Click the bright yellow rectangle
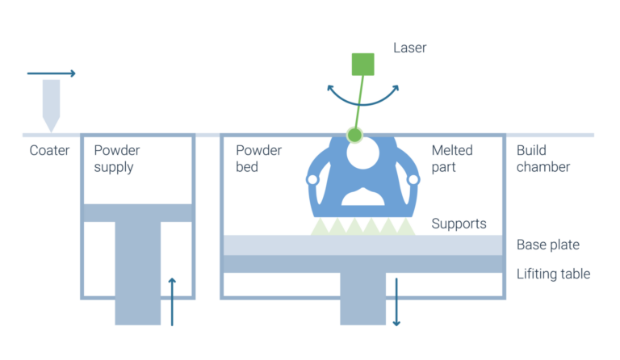tap(202, 103)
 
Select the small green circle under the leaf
tap(354, 135)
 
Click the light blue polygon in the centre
tap(367, 182)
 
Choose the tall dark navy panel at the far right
tap(568, 222)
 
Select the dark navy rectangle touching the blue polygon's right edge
tap(466, 188)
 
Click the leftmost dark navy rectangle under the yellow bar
tap(142, 174)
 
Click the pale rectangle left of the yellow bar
tap(55, 105)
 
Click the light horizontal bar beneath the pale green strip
tap(362, 245)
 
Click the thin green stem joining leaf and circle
tap(357, 116)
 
